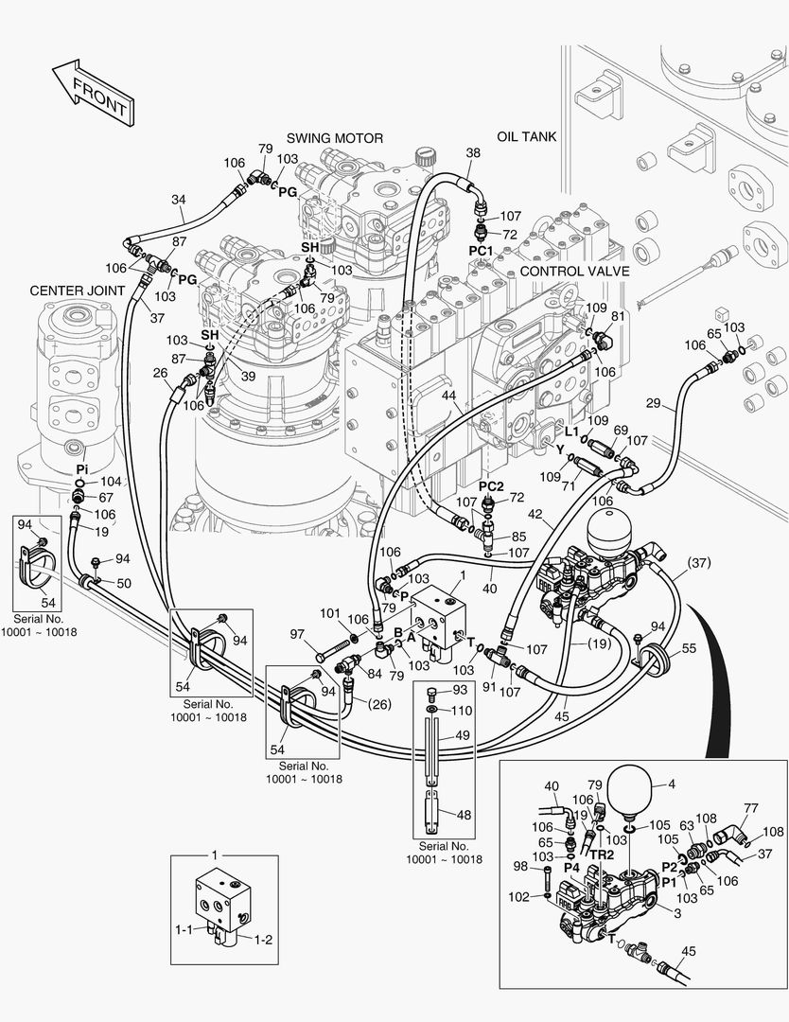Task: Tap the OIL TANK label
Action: (x=526, y=136)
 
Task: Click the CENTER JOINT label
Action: (x=78, y=290)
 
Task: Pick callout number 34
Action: (x=179, y=200)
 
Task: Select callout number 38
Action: (x=473, y=152)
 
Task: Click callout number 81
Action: (x=618, y=316)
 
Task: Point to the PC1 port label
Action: (x=482, y=250)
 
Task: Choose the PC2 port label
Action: (x=491, y=486)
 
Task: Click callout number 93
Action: (x=461, y=689)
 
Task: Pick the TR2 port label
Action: (x=604, y=854)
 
